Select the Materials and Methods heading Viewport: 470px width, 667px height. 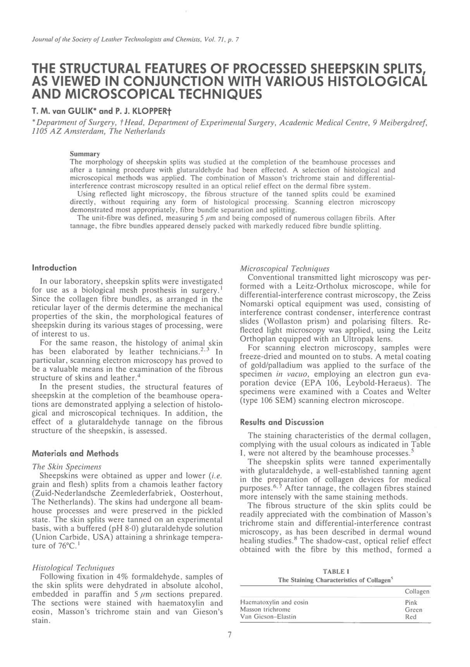[75, 453]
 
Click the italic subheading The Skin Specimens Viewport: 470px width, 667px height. [67, 467]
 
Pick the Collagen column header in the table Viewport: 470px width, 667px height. [417, 592]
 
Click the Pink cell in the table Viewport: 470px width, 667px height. [411, 603]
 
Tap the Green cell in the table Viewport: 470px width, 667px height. [413, 610]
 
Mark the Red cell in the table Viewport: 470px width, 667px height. [410, 617]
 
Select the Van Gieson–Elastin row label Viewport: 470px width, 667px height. [268, 617]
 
